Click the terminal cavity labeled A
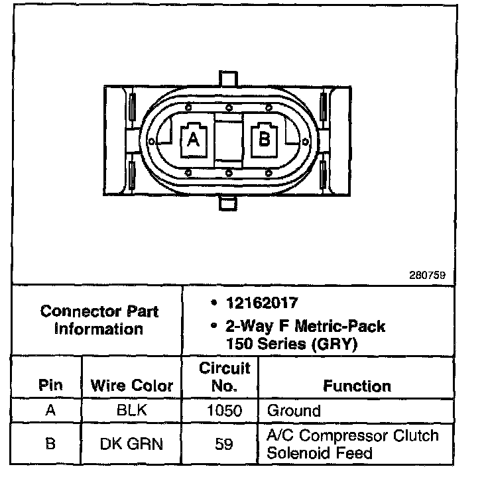tap(193, 139)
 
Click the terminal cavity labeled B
tap(264, 139)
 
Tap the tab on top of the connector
tap(228, 78)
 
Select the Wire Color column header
tap(131, 385)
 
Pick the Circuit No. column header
tap(224, 376)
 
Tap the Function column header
tap(357, 385)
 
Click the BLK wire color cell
tap(131, 411)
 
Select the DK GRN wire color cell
tap(131, 444)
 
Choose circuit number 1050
tap(224, 411)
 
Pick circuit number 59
tap(224, 444)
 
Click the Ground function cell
tap(293, 411)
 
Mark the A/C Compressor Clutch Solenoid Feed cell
tap(352, 444)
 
